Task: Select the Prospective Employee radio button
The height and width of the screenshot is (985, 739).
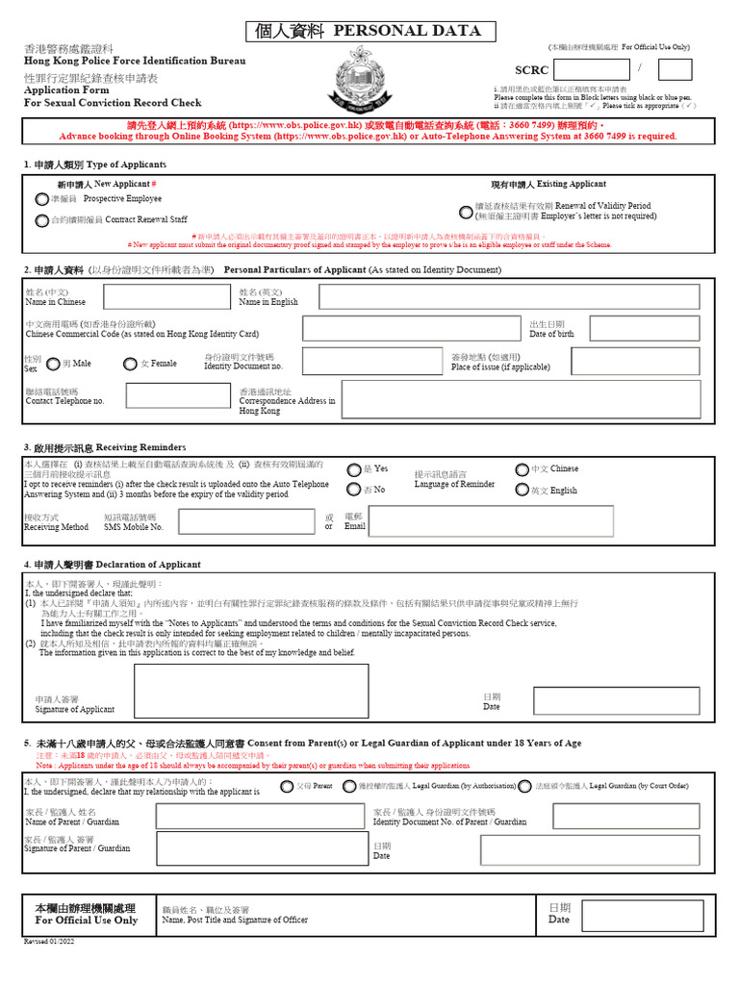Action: [x=40, y=199]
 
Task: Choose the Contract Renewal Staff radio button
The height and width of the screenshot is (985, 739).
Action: [x=40, y=220]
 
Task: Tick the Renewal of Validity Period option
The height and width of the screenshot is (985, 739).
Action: [x=467, y=210]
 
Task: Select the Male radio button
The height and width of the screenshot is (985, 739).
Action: [x=54, y=364]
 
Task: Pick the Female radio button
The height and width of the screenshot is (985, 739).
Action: [x=130, y=364]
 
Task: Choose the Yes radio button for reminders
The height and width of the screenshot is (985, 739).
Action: [x=354, y=469]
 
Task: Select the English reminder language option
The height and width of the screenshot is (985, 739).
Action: [x=522, y=490]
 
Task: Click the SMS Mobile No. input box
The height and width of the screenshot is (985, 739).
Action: [x=246, y=521]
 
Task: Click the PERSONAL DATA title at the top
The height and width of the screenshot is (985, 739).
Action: [x=370, y=32]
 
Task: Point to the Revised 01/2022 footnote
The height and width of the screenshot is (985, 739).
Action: [x=46, y=943]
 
